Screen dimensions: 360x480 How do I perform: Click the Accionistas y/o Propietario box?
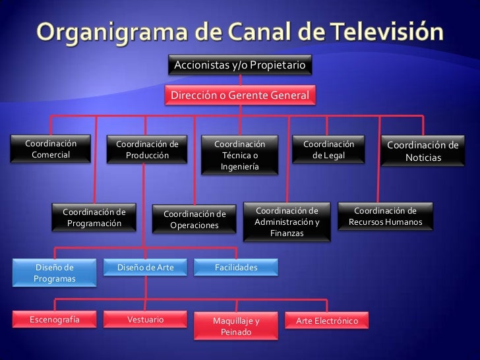pos(239,66)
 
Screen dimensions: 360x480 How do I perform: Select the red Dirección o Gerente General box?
pos(239,96)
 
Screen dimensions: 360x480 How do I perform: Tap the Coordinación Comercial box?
pos(51,149)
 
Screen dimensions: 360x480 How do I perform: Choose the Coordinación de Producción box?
pos(147,150)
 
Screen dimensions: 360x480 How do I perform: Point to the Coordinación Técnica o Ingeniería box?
pos(239,156)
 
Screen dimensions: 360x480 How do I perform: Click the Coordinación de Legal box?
pos(328,150)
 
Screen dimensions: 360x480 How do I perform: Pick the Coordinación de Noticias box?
pos(423,151)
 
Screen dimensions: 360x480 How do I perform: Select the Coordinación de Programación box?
pos(94,218)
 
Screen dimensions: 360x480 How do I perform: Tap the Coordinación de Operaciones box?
pos(195,220)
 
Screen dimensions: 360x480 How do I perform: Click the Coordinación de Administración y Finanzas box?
pos(287,222)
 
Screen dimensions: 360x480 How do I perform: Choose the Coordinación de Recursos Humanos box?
pos(385,217)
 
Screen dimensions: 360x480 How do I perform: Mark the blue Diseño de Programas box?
pos(55,273)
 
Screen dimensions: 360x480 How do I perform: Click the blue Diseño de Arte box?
pos(145,268)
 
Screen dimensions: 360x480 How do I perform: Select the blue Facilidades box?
pos(236,268)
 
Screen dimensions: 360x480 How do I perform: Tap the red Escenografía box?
pos(55,320)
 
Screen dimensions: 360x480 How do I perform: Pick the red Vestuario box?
pos(145,320)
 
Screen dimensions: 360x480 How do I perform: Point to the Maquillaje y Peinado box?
pos(236,326)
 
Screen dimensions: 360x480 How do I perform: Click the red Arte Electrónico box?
pos(327,321)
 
